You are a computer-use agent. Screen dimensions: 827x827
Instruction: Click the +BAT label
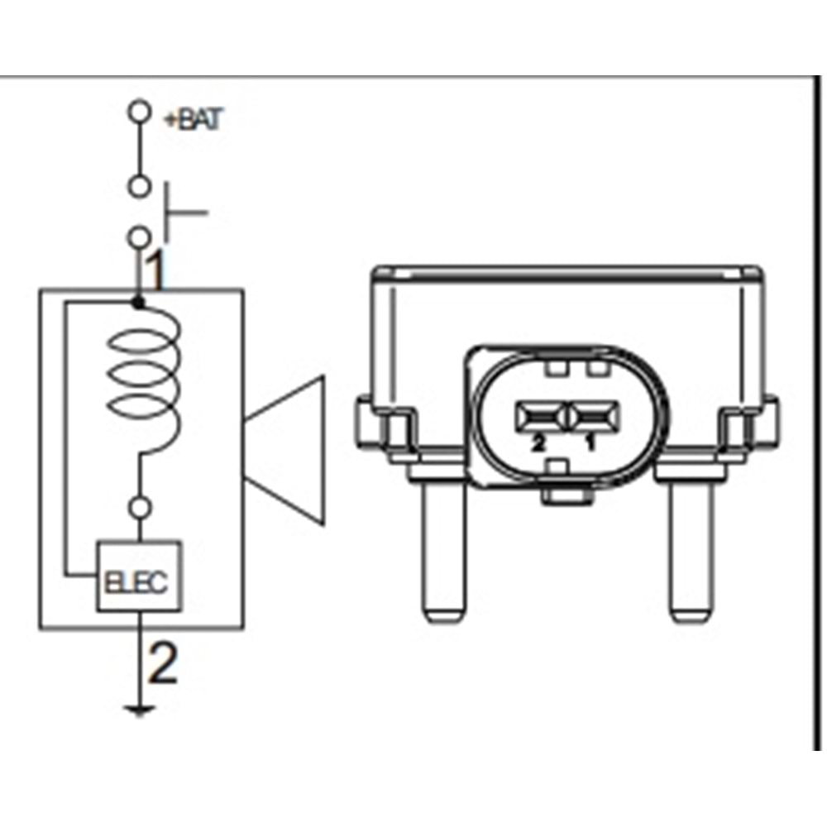pos(193,121)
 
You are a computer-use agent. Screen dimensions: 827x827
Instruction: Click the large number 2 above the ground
pos(162,664)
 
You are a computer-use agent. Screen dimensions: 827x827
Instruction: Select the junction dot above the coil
pos(138,304)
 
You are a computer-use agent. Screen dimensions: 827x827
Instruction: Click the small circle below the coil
pos(141,506)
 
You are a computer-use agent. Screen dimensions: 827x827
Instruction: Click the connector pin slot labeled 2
pos(539,415)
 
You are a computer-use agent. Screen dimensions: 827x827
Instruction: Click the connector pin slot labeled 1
pos(592,415)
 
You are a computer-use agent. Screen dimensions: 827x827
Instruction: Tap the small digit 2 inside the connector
pos(538,444)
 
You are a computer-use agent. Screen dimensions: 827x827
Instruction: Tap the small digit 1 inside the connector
pos(590,444)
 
